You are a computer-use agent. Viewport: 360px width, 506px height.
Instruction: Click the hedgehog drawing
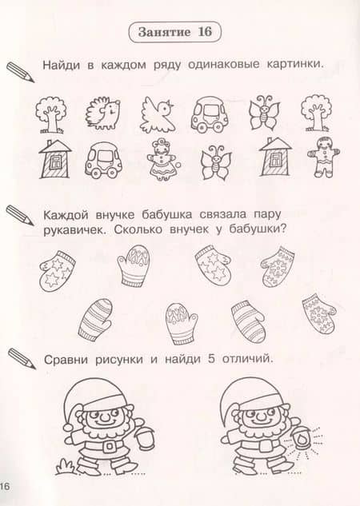pyautogui.click(x=103, y=113)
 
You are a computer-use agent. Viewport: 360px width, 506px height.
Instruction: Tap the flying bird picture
pyautogui.click(x=157, y=114)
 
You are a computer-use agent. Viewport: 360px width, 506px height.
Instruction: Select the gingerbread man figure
pyautogui.click(x=323, y=157)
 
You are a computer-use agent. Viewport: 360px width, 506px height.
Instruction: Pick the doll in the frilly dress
pyautogui.click(x=163, y=159)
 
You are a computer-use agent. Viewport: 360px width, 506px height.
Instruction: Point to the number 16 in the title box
pyautogui.click(x=205, y=32)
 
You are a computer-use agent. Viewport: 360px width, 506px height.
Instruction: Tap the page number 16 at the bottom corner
pyautogui.click(x=5, y=486)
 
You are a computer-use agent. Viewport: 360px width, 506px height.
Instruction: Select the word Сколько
pyautogui.click(x=138, y=230)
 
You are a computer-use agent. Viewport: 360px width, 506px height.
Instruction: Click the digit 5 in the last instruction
pyautogui.click(x=211, y=359)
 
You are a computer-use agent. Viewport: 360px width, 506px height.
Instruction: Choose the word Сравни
pyautogui.click(x=66, y=360)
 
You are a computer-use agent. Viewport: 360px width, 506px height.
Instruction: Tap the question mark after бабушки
pyautogui.click(x=283, y=230)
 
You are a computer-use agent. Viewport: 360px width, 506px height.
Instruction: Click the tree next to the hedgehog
pyautogui.click(x=51, y=114)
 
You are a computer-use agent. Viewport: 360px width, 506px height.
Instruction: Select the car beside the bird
pyautogui.click(x=210, y=114)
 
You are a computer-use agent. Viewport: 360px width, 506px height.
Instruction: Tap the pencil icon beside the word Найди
pyautogui.click(x=20, y=72)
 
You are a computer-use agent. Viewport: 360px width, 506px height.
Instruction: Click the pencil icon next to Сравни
pyautogui.click(x=22, y=358)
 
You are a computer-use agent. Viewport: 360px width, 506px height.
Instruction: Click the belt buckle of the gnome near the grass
pyautogui.click(x=110, y=446)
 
